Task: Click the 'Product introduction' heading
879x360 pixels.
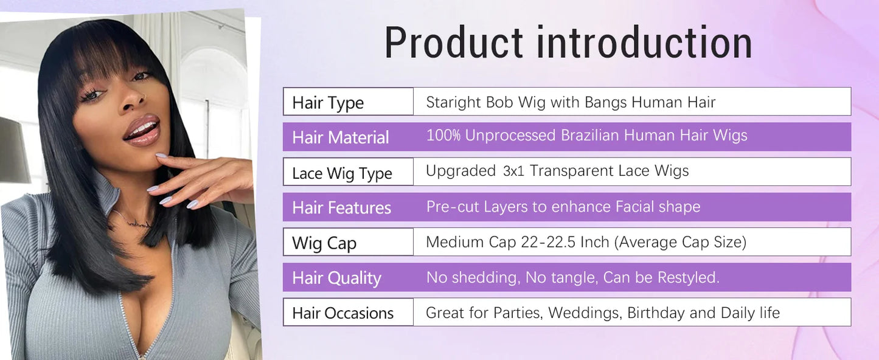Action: (x=568, y=43)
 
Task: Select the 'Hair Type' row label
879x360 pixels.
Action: (x=327, y=103)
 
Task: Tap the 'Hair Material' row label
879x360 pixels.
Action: (x=340, y=137)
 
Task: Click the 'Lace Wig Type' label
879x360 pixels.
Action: (x=342, y=173)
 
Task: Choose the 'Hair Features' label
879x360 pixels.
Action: (x=341, y=208)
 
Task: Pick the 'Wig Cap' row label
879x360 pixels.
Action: (x=324, y=243)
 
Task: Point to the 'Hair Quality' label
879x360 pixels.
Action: (x=336, y=279)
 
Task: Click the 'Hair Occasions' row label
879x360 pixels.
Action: (x=342, y=313)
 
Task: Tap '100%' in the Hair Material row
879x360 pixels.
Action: (x=443, y=136)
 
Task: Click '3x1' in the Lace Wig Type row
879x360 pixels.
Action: (x=513, y=171)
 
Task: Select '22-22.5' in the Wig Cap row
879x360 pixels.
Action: (x=548, y=242)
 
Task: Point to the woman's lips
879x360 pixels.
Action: (x=142, y=130)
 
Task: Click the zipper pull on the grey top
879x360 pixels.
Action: (x=142, y=353)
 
